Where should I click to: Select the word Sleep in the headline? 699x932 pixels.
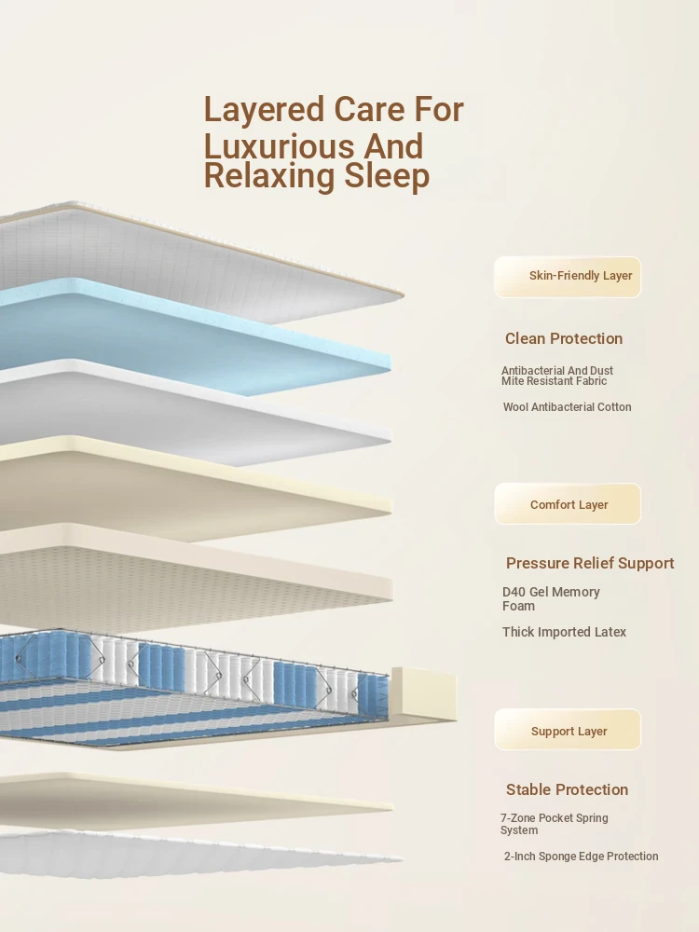[387, 177]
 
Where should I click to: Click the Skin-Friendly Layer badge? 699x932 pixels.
[568, 277]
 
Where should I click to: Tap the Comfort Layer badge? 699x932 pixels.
[568, 504]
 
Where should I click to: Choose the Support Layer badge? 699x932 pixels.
[568, 730]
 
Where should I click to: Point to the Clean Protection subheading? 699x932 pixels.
[564, 338]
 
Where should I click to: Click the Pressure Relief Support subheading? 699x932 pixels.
[590, 564]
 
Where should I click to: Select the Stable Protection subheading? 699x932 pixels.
[567, 789]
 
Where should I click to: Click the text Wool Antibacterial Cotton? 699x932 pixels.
[567, 407]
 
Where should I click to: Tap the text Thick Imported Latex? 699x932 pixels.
[564, 632]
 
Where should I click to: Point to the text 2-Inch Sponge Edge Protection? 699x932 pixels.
[582, 857]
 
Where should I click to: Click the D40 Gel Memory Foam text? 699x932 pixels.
[551, 598]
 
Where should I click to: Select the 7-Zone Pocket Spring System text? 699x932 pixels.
[554, 824]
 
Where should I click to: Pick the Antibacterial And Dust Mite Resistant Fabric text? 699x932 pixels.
[557, 376]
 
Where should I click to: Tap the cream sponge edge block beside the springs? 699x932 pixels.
[423, 694]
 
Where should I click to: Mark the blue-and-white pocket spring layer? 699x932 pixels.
[193, 690]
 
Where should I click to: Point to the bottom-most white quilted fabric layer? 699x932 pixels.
[196, 853]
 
